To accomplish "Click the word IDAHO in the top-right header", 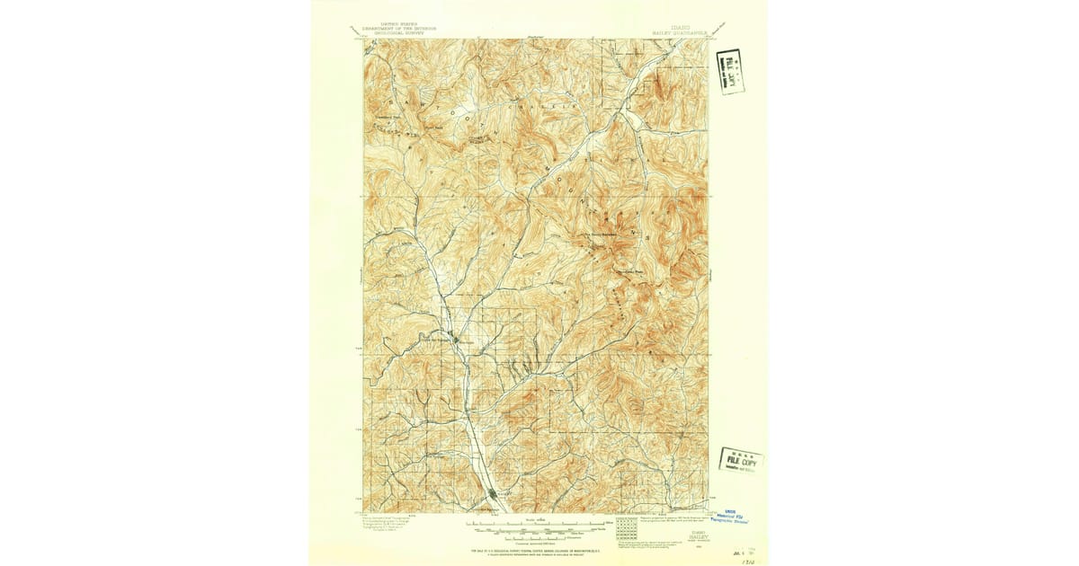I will click(679, 28).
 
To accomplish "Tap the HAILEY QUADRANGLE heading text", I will click(681, 33).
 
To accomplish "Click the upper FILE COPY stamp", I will click(732, 71).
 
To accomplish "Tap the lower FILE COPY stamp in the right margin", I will click(740, 461).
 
